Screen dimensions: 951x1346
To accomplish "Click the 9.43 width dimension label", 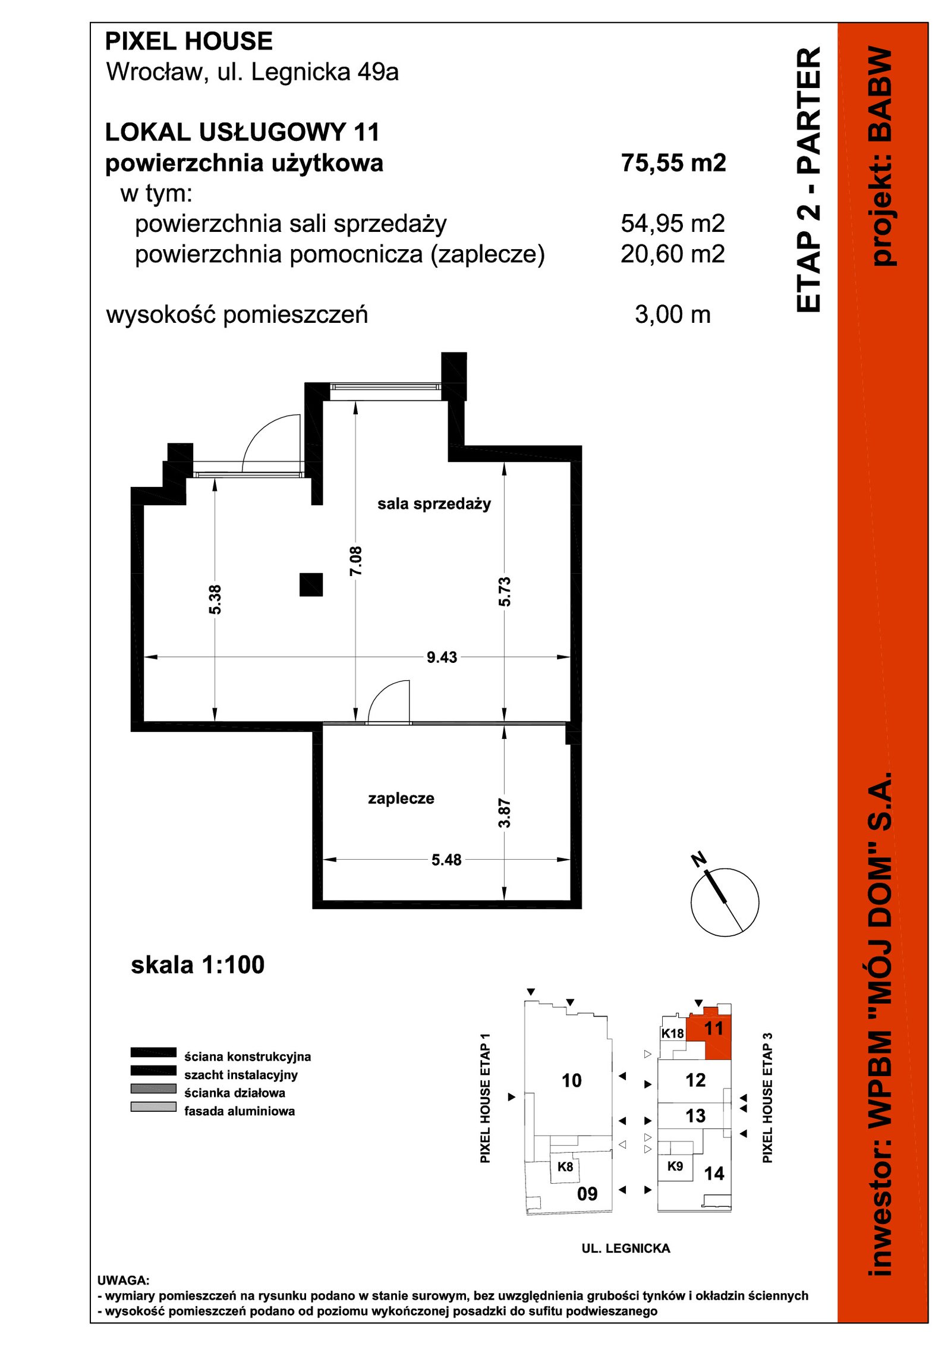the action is [442, 658].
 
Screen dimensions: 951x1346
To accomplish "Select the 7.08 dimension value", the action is [356, 561].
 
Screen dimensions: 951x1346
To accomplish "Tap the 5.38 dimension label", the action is [215, 599].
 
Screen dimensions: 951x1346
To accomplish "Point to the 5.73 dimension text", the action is [505, 592].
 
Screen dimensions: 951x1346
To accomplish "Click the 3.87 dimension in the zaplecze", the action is [505, 813].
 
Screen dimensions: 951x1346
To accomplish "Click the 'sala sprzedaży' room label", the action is [434, 504].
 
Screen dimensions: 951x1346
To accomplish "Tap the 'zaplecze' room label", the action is [401, 798].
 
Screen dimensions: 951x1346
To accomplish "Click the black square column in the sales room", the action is [311, 584].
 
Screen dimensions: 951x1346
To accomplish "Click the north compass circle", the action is [725, 902].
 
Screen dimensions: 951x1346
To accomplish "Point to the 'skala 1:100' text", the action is [197, 965].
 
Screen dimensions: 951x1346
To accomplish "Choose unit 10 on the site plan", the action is [572, 1080].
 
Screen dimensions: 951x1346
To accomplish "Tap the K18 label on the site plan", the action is [673, 1033].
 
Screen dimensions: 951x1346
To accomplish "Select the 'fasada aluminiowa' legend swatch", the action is [153, 1107].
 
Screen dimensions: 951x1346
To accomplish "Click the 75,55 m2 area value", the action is [673, 163].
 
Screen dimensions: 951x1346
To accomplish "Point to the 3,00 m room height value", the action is [673, 315].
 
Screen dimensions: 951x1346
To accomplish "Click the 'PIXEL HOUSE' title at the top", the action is [189, 42].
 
